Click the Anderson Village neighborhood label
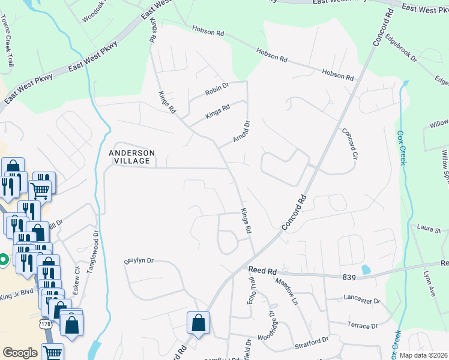[131, 157]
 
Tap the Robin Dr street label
[217, 90]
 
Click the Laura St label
[429, 229]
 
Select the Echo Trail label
[252, 291]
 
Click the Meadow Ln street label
[287, 290]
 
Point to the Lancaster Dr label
[362, 299]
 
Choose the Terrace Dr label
[362, 326]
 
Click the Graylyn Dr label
[139, 261]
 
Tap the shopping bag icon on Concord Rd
[198, 323]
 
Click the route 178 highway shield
[46, 323]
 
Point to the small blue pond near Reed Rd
[366, 270]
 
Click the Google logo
[20, 353]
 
